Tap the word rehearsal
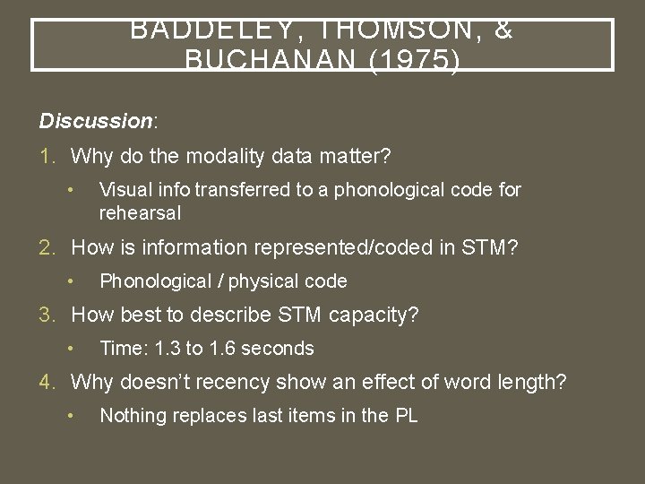(140, 213)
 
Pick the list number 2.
(47, 247)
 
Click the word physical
(263, 281)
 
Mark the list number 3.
(47, 315)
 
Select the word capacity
(374, 315)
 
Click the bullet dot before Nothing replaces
(70, 416)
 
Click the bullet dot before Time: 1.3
(70, 349)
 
